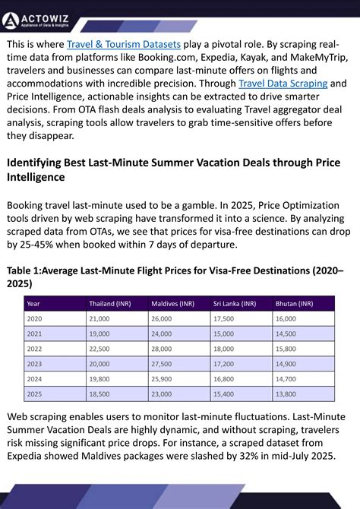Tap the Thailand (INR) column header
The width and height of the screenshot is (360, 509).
click(x=110, y=304)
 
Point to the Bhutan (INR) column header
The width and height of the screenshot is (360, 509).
click(x=294, y=304)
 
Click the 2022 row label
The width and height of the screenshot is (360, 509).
click(x=33, y=349)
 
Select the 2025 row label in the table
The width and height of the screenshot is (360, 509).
click(x=33, y=394)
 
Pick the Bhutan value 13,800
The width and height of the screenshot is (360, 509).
click(x=285, y=394)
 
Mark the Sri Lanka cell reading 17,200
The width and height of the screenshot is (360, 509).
click(x=223, y=364)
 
